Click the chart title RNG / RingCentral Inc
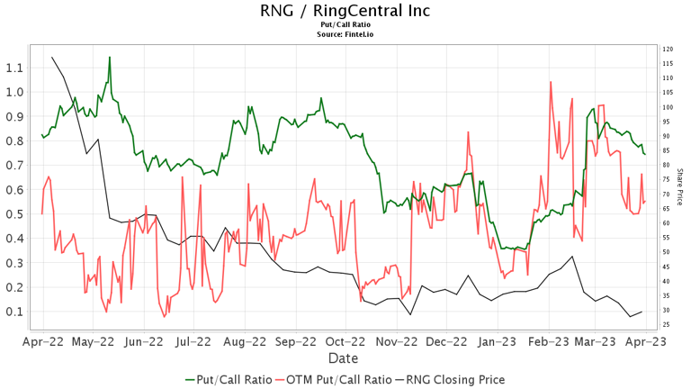[x=345, y=11]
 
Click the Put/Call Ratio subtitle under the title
[x=345, y=24]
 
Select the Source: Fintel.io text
[x=345, y=34]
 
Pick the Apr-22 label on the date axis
[x=42, y=342]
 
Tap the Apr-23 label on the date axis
[x=645, y=342]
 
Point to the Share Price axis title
[x=680, y=187]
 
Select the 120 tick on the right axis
[x=667, y=50]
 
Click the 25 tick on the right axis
[x=667, y=325]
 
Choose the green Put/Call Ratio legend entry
[x=226, y=379]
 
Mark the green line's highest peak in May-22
[x=110, y=58]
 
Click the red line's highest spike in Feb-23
[x=550, y=82]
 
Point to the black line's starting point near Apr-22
[x=52, y=57]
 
